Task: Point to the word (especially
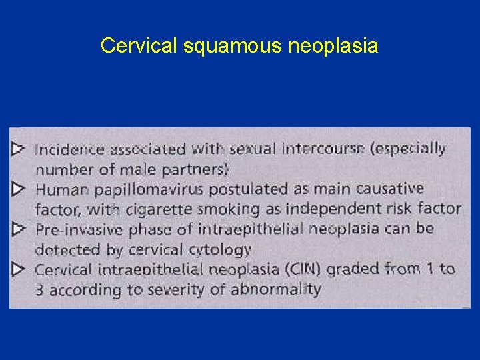pyautogui.click(x=407, y=147)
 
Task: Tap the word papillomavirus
pyautogui.click(x=147, y=189)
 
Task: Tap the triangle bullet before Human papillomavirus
pyautogui.click(x=18, y=189)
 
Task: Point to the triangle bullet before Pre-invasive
pyautogui.click(x=18, y=230)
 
